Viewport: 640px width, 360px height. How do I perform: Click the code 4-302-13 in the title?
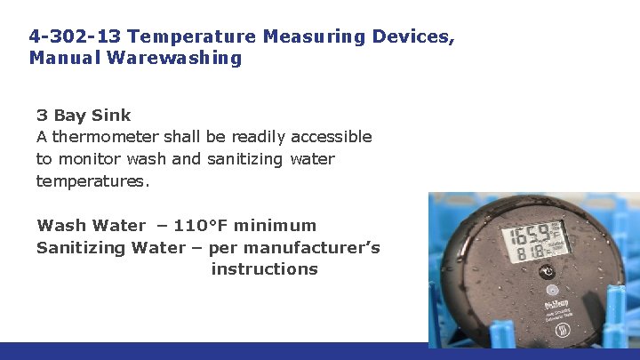click(x=75, y=36)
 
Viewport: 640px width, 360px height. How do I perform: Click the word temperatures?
click(x=92, y=181)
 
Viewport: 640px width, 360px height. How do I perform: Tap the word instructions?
click(x=264, y=268)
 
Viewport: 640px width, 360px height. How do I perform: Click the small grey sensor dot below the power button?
click(x=551, y=290)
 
